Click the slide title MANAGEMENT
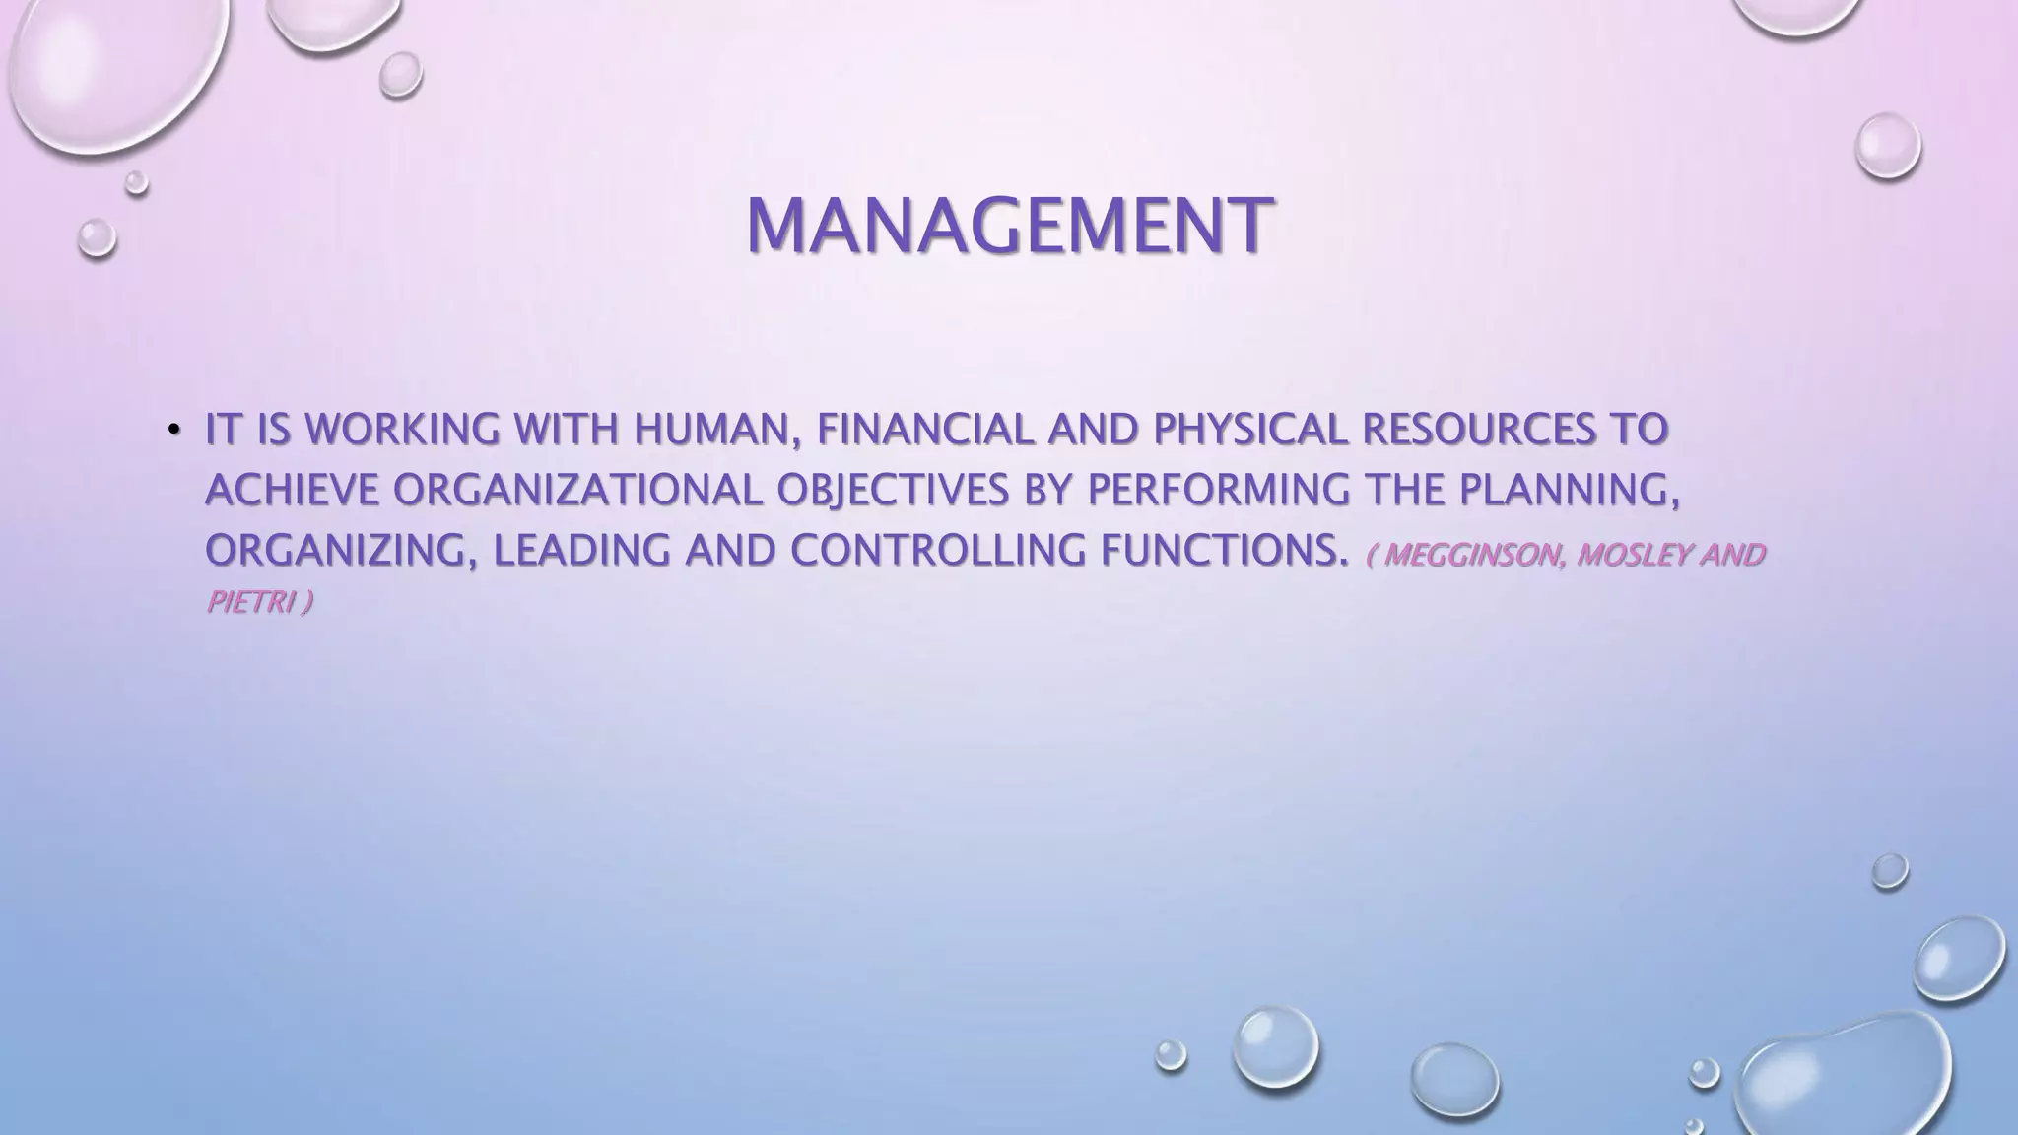[1008, 226]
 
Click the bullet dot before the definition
[174, 429]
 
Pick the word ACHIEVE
[292, 490]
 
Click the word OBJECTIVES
[893, 490]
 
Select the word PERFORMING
[1218, 490]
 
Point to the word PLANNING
[1570, 490]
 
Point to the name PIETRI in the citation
[250, 602]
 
